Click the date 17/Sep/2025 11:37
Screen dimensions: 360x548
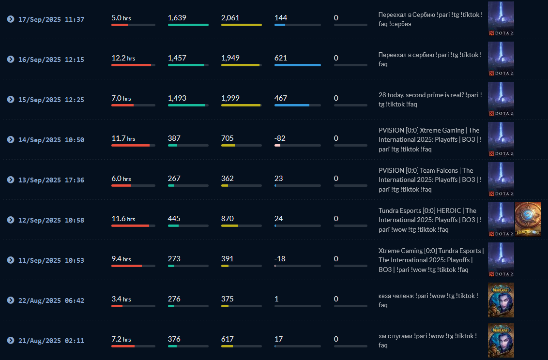pos(51,19)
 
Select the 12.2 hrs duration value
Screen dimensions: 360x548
pos(123,58)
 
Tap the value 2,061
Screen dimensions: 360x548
pos(230,18)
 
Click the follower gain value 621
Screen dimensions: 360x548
pos(281,58)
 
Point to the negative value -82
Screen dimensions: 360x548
pos(280,138)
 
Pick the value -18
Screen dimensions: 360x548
pos(280,259)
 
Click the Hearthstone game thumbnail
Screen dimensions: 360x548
pos(528,220)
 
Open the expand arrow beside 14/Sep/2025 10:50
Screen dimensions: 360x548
pos(11,139)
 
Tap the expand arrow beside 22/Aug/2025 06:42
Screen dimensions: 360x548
pos(11,300)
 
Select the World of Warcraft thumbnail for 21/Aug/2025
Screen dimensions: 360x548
pos(501,340)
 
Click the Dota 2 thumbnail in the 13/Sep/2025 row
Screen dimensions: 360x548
pos(501,180)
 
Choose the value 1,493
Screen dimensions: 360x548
pos(177,98)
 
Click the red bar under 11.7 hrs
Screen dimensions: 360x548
pos(131,145)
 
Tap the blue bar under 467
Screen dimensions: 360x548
pos(292,105)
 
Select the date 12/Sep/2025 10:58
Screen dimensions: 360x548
pos(51,220)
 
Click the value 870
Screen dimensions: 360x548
pos(228,219)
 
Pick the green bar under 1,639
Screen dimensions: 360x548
pos(188,25)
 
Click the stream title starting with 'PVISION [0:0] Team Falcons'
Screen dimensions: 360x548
pos(430,180)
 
